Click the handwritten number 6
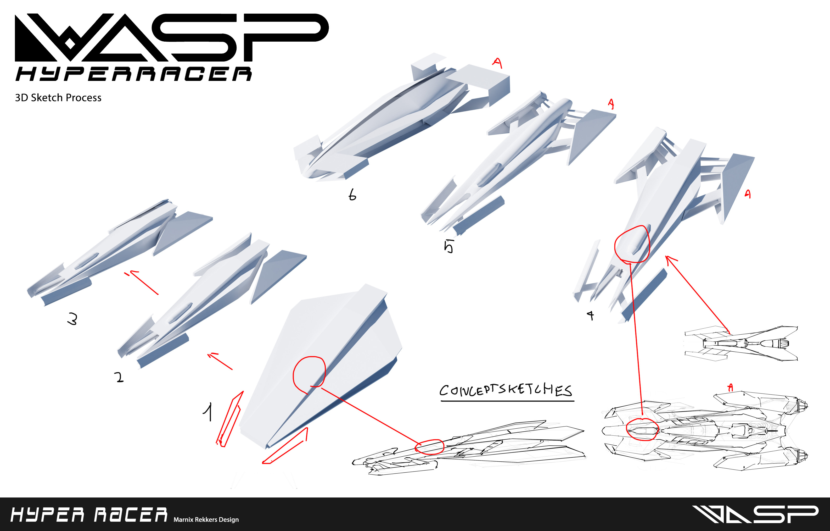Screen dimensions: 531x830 tap(352, 195)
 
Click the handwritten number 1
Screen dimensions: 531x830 tap(208, 412)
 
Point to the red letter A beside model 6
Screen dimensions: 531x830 tap(497, 63)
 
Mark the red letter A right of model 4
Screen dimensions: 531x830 tap(747, 194)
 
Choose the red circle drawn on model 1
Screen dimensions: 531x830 tap(309, 374)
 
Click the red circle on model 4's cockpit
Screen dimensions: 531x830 tap(632, 244)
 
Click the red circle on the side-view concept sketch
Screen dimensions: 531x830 tap(429, 447)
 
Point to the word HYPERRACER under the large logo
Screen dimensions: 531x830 tap(134, 74)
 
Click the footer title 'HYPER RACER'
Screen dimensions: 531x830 tap(89, 515)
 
